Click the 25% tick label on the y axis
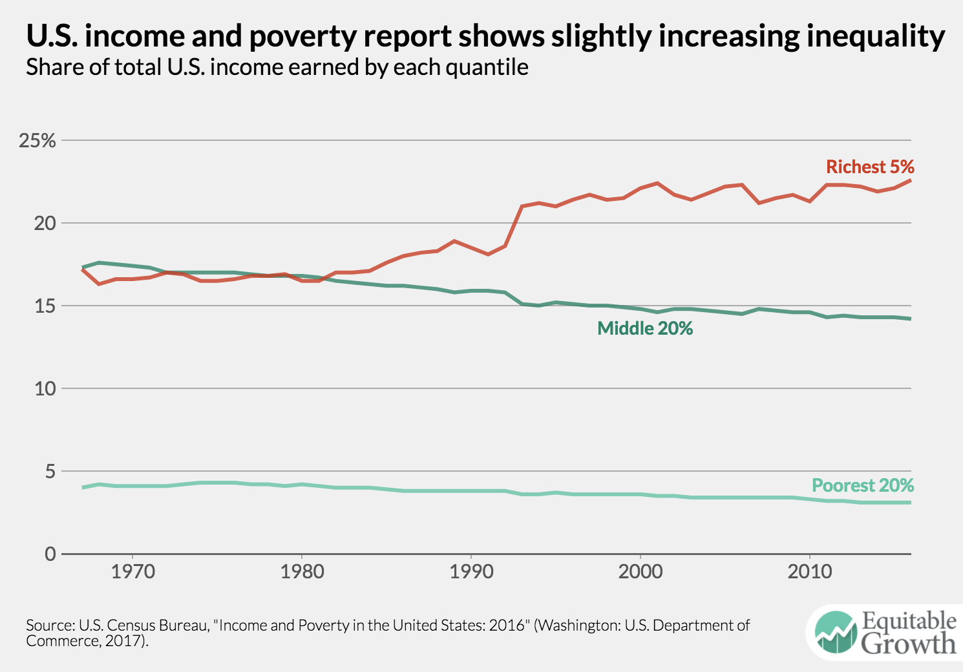37,141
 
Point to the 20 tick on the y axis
45,224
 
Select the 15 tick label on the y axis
45,306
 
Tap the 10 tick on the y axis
45,389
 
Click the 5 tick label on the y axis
50,472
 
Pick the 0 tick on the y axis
50,554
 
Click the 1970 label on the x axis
132,572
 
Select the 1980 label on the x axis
302,572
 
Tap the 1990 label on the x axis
471,572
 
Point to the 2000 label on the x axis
640,572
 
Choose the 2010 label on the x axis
809,572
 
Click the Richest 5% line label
870,167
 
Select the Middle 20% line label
645,328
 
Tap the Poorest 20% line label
863,485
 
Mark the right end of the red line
911,180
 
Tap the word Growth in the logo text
909,644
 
